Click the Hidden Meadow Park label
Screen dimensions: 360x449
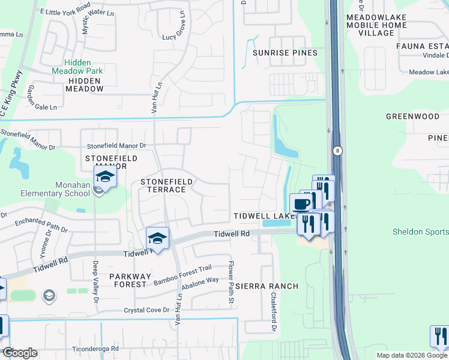pos(85,66)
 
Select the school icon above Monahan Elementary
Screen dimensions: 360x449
pos(104,178)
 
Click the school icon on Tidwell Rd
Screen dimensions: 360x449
pos(157,239)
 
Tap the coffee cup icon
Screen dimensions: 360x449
pos(301,203)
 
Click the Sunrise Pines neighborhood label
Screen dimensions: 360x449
pos(285,53)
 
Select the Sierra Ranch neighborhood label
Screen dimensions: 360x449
pos(267,286)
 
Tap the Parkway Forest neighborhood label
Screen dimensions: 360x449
pos(120,280)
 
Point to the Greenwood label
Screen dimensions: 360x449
pos(412,116)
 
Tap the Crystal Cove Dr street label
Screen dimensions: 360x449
pos(147,310)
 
